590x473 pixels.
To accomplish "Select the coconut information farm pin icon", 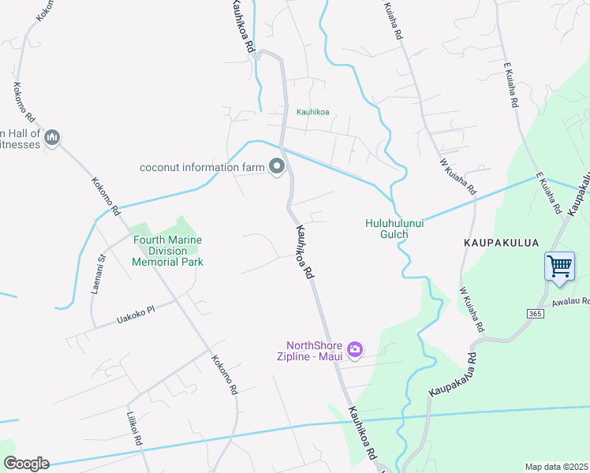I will (x=277, y=166).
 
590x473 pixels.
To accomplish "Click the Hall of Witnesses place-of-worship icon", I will (x=53, y=138).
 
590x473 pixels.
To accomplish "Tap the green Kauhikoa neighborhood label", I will (x=312, y=112).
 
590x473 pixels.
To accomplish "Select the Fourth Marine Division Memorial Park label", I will (x=167, y=251).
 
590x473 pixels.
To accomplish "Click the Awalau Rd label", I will (x=572, y=300).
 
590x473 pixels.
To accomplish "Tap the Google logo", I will (x=26, y=464).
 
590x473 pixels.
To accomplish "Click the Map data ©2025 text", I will (x=555, y=467).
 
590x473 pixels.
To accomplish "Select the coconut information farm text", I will (x=200, y=167).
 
